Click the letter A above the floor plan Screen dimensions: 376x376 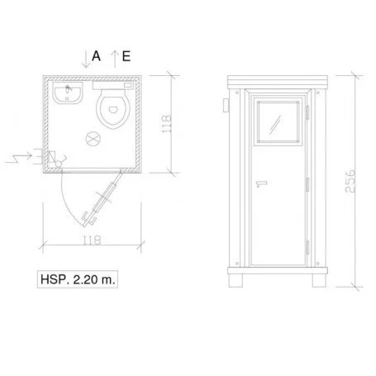point(96,56)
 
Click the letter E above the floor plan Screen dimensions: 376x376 point(126,56)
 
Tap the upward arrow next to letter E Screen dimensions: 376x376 point(115,59)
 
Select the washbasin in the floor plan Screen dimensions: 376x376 point(68,93)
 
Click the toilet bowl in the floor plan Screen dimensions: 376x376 point(113,109)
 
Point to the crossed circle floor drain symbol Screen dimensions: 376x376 point(93,138)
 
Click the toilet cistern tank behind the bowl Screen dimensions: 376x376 point(113,85)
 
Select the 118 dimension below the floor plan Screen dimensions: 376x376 point(92,240)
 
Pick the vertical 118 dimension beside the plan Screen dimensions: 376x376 point(167,124)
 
